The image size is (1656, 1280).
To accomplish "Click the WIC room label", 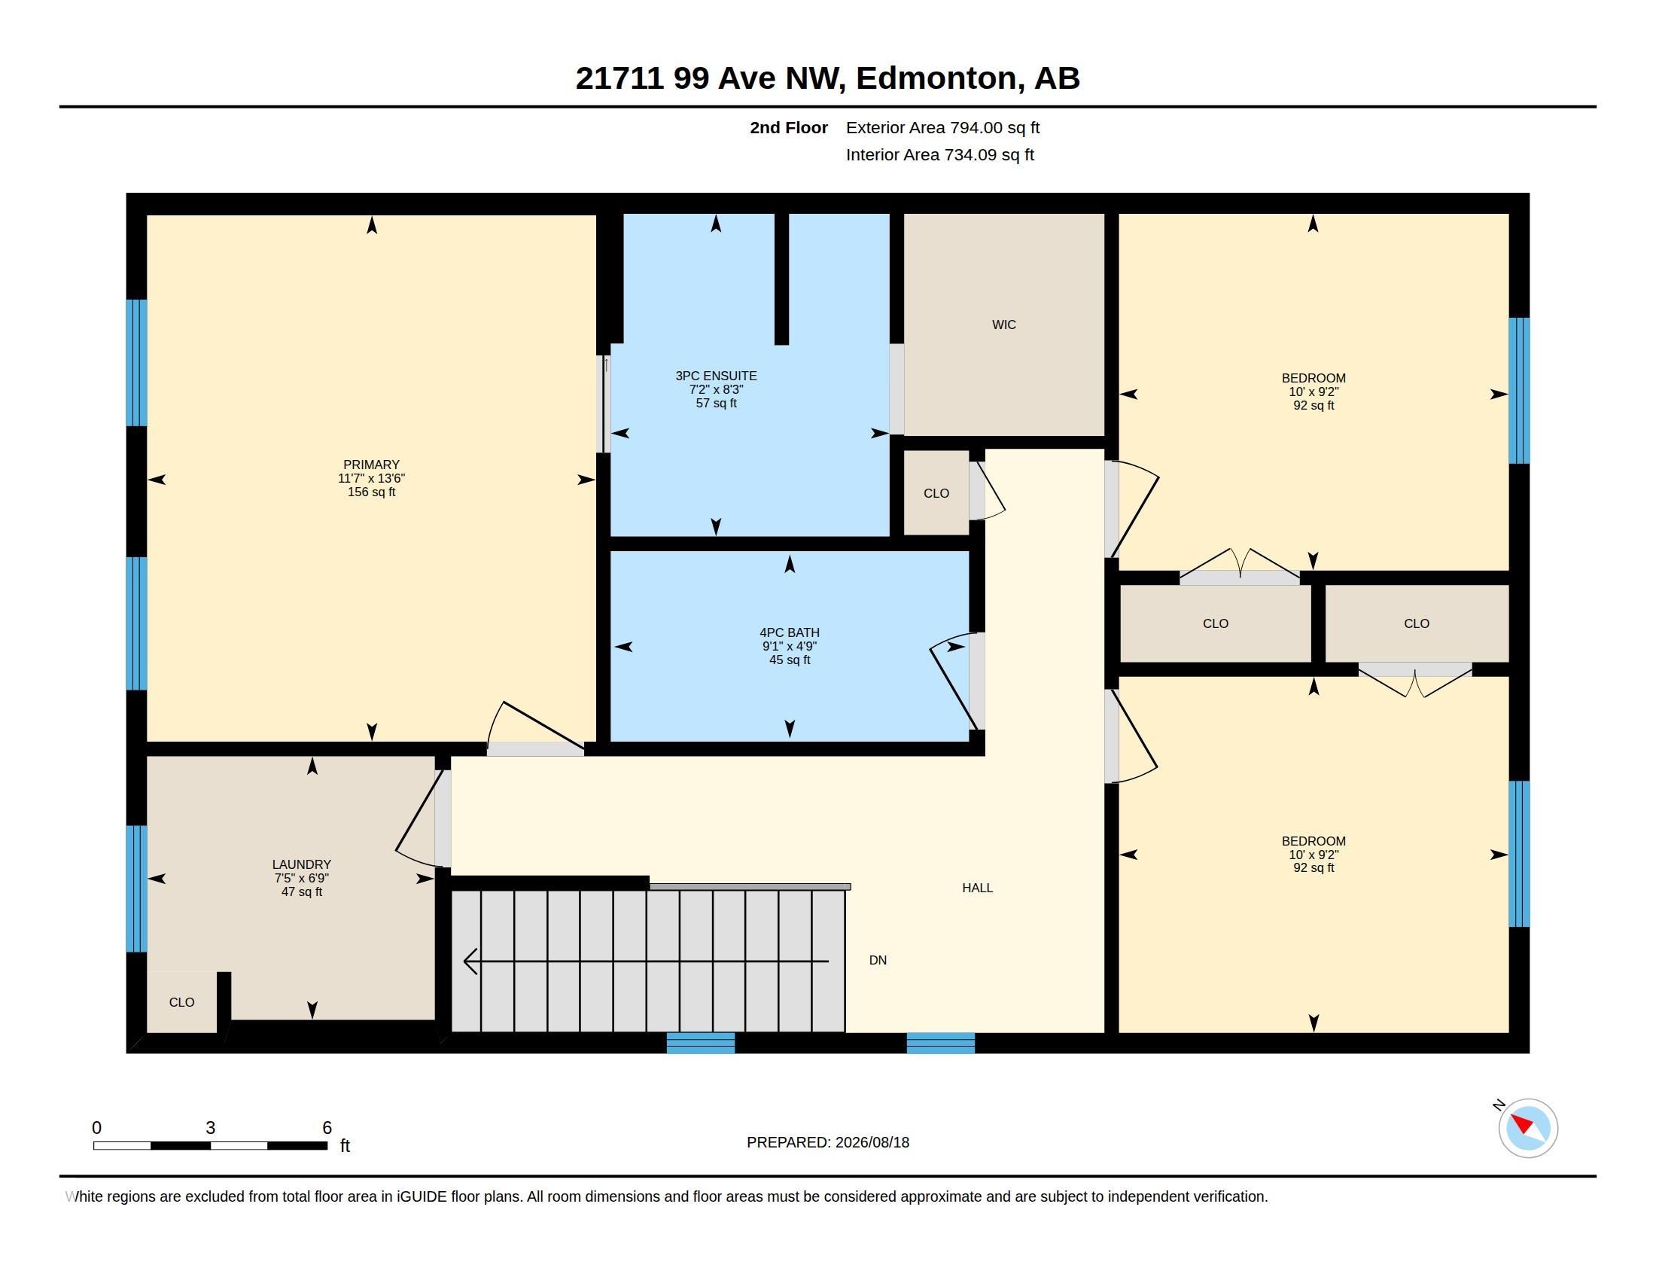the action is click(x=1003, y=325).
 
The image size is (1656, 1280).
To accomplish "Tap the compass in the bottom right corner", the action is click(x=1528, y=1128).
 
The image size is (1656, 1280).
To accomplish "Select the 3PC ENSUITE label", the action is click(x=716, y=376).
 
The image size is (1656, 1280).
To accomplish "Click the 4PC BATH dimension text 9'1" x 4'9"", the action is click(x=790, y=646).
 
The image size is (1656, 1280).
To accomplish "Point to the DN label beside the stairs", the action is click(x=877, y=960).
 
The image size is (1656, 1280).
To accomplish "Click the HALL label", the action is click(x=977, y=888).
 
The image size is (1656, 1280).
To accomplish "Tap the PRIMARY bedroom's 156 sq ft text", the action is click(x=371, y=492).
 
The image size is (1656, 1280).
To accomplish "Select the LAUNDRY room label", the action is click(x=302, y=864).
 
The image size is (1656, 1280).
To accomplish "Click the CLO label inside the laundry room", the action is click(x=182, y=1002).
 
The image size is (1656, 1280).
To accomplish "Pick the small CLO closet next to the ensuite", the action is click(x=936, y=494).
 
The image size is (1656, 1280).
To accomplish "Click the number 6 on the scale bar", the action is click(x=327, y=1128).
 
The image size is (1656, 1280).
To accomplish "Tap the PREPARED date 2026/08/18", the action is click(x=872, y=1142).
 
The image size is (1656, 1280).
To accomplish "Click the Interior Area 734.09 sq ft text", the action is click(x=939, y=154).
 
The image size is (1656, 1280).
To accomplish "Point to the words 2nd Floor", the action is click(x=789, y=127).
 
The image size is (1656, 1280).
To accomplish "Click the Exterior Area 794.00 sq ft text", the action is click(x=942, y=127).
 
